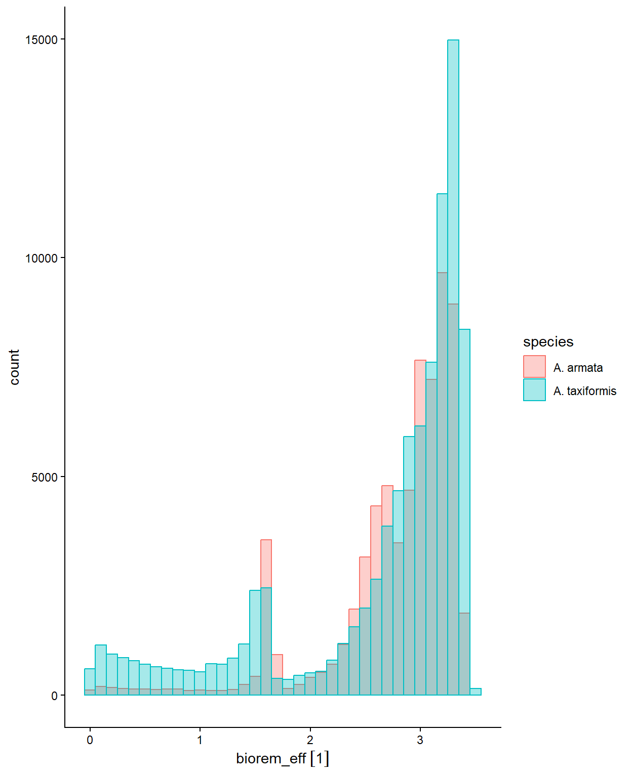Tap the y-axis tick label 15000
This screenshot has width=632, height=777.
point(42,40)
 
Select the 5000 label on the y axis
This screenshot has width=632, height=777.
point(45,477)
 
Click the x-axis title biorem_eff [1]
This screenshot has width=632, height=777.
point(283,759)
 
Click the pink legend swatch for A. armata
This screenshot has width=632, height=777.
point(534,366)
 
